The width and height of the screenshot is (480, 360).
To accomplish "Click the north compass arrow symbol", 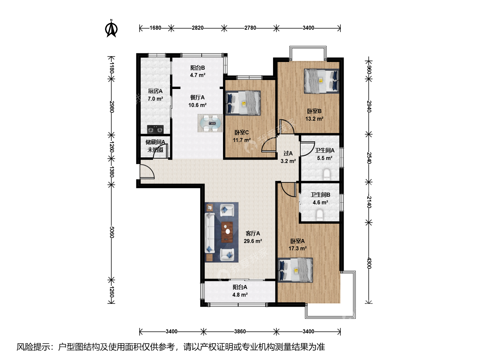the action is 111,28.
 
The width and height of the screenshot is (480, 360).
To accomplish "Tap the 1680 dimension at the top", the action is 155,28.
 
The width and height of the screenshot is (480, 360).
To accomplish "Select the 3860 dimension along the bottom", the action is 240,332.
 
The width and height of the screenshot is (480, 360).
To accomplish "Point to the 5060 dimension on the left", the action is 112,232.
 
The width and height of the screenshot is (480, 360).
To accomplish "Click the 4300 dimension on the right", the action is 369,263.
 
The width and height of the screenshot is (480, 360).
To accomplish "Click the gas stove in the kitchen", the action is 155,129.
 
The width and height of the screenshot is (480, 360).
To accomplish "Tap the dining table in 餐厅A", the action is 210,123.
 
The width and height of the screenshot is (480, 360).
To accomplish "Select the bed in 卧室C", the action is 243,103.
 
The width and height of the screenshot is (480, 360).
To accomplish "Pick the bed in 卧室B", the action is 321,81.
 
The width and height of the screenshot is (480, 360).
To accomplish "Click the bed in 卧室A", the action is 295,270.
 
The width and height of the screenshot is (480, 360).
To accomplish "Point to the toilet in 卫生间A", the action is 327,174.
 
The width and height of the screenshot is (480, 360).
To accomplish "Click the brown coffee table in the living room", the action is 227,232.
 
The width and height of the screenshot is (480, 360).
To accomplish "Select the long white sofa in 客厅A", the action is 209,233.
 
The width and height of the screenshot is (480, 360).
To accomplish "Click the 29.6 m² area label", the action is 253,241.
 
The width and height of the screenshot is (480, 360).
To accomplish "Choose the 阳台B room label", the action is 197,68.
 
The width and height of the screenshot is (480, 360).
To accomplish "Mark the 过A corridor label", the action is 288,153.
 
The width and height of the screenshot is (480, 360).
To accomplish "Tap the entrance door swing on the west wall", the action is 147,172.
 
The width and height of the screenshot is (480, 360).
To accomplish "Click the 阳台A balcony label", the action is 240,287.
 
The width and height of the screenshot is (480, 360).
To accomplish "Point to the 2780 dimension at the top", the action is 250,28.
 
